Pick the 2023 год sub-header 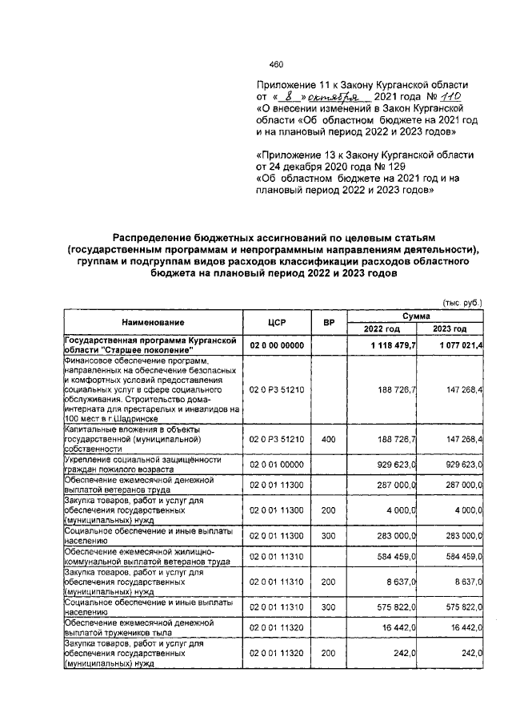pos(450,329)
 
